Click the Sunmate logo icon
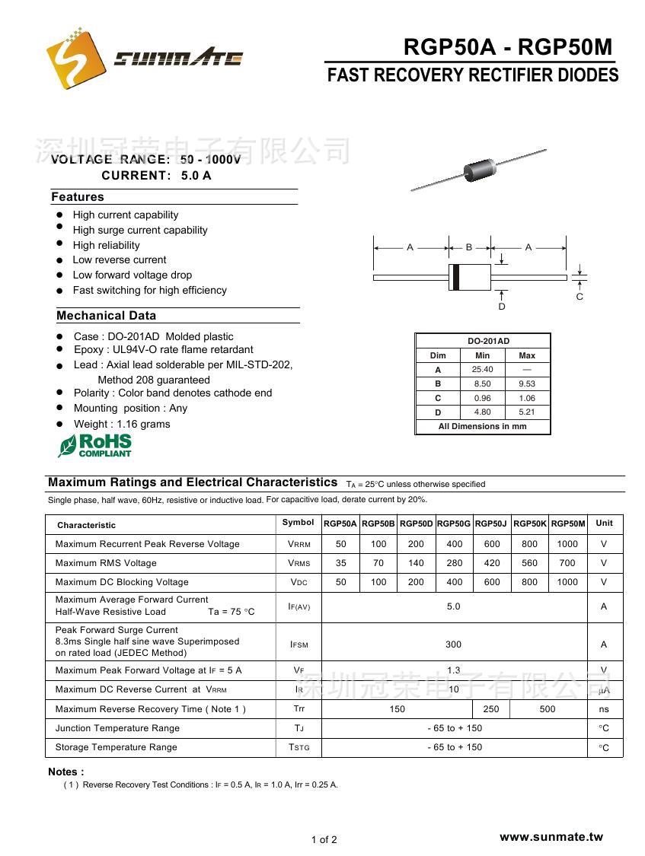(74, 59)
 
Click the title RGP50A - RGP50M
(507, 48)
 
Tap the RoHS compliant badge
(95, 445)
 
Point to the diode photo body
(478, 169)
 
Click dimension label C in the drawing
(580, 297)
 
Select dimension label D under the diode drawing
(502, 307)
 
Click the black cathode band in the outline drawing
(455, 277)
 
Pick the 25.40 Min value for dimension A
(482, 370)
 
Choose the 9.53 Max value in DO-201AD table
(527, 384)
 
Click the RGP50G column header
(454, 523)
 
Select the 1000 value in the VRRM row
(567, 544)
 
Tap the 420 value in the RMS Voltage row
(492, 563)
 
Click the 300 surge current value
(453, 644)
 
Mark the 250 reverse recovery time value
(491, 709)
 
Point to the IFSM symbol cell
(299, 644)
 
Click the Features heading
(78, 197)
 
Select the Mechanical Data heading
(106, 316)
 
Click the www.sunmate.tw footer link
(551, 837)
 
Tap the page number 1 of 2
(324, 840)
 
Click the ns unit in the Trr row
(604, 709)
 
